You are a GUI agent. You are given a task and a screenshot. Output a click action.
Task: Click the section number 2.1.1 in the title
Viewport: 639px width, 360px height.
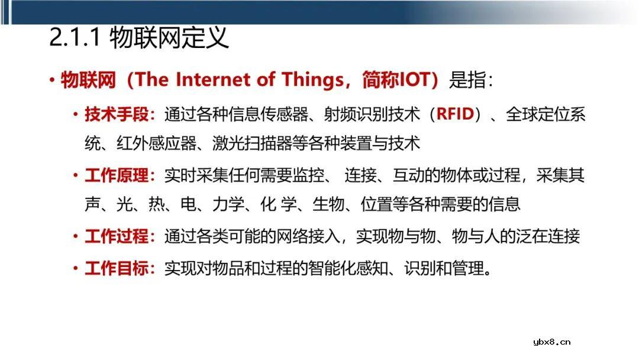point(75,37)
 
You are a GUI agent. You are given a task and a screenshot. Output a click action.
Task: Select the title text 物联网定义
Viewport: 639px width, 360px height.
point(169,37)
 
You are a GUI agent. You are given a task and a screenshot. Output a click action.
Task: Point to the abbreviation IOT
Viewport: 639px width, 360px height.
point(412,79)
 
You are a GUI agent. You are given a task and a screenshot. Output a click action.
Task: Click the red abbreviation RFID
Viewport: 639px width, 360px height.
point(455,114)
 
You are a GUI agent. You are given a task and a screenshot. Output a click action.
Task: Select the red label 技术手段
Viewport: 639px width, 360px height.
point(117,114)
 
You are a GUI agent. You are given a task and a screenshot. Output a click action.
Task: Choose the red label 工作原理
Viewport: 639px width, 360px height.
point(117,175)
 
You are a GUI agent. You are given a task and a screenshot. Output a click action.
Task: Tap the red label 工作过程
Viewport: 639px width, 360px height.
point(117,236)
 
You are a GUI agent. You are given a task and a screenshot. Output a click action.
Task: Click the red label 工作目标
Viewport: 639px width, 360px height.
point(117,268)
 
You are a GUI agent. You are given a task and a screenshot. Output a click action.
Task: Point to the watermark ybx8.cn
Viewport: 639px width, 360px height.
point(552,342)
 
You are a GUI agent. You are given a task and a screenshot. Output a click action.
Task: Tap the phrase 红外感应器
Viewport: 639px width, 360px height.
point(156,143)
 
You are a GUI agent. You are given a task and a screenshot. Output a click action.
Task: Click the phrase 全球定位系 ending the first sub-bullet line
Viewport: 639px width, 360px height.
point(546,114)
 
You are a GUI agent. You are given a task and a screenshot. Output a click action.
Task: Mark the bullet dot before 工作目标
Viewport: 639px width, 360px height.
point(75,268)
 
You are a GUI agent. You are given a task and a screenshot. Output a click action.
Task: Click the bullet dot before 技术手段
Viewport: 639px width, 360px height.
point(75,114)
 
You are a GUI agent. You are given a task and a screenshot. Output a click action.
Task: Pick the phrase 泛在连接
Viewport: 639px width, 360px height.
point(548,236)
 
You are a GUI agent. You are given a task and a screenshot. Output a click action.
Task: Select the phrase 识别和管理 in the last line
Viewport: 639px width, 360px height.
point(444,268)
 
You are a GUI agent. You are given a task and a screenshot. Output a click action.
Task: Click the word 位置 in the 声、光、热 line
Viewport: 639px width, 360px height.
point(376,204)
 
